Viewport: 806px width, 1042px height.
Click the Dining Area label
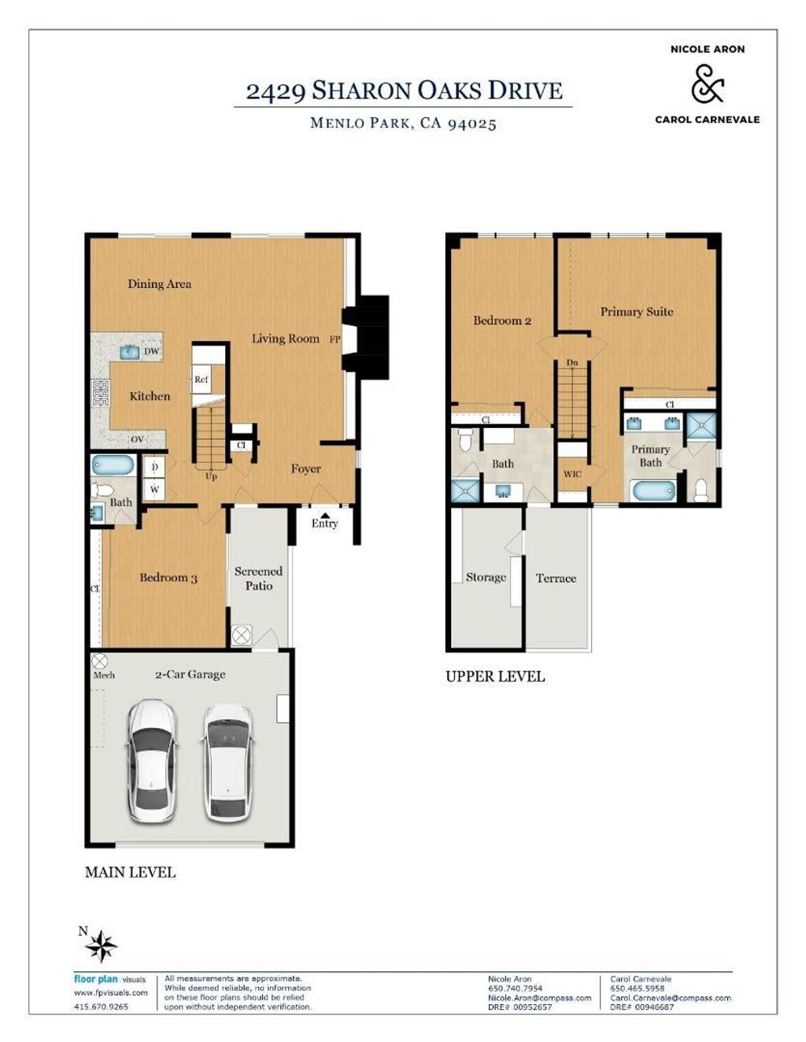point(159,284)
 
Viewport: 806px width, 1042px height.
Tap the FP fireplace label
point(335,339)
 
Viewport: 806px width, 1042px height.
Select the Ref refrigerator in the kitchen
point(201,379)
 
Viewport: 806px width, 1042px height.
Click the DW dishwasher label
point(151,351)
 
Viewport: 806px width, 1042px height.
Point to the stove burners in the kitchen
point(102,394)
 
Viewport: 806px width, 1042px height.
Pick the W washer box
point(154,490)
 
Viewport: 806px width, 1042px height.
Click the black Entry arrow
point(325,515)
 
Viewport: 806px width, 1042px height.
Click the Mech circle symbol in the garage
point(100,662)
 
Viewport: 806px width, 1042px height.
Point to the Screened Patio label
point(258,578)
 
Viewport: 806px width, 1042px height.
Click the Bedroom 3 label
point(168,578)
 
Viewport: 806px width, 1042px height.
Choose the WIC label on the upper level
point(572,475)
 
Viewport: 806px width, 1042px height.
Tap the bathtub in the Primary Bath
point(653,490)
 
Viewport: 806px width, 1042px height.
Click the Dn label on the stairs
point(572,363)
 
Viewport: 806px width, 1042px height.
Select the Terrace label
point(556,578)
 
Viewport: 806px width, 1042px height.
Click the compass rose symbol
point(101,947)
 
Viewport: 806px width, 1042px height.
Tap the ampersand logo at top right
point(708,84)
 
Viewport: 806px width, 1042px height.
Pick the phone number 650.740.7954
point(515,988)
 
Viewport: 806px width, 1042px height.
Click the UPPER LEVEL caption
point(495,677)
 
